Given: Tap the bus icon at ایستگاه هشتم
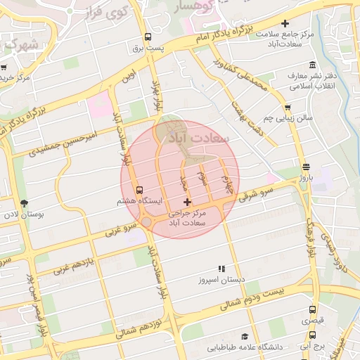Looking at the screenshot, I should (x=139, y=190).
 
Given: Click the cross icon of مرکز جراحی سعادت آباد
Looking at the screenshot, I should (x=186, y=202).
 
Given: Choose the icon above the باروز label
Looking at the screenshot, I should (x=306, y=167).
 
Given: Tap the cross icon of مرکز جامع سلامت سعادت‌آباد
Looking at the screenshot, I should (x=285, y=23).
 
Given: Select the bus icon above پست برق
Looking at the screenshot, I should (x=148, y=37).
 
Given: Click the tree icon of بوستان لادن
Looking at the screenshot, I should (x=25, y=203).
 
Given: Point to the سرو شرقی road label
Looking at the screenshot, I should (x=255, y=193).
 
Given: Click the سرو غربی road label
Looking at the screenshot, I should (x=119, y=227).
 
